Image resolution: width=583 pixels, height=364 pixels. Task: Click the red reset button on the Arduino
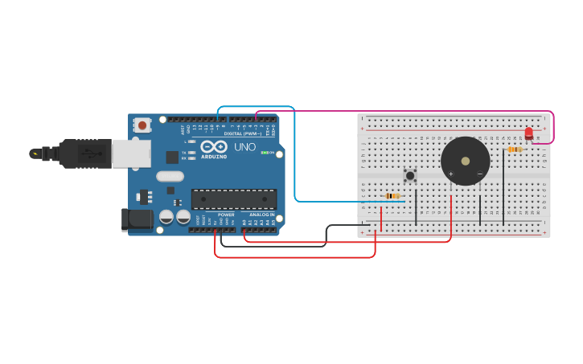[142, 125]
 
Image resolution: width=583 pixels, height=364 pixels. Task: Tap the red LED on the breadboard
[528, 133]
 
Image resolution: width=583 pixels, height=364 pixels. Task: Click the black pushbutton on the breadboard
[410, 174]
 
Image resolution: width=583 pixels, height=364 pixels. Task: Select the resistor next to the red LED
[515, 149]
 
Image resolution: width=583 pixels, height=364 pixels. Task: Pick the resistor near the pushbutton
[392, 195]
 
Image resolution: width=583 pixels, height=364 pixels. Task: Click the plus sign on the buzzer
[450, 174]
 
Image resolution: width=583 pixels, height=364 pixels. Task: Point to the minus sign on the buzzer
[479, 174]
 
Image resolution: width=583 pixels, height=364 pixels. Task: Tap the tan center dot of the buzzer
[465, 161]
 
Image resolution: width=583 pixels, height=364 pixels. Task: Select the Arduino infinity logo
[214, 147]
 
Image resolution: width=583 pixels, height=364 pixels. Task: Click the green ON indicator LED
[265, 152]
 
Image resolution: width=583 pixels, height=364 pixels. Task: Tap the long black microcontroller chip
[233, 199]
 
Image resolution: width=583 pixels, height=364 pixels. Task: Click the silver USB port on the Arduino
[131, 153]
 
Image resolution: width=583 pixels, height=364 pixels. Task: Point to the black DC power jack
[137, 219]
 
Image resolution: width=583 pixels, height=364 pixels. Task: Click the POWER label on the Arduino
[226, 215]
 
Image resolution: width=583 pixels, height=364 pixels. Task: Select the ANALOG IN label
[261, 215]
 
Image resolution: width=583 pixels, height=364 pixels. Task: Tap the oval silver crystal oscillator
[170, 176]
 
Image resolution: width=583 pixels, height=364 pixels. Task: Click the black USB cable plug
[80, 153]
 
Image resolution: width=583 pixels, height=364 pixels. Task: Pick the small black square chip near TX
[172, 157]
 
